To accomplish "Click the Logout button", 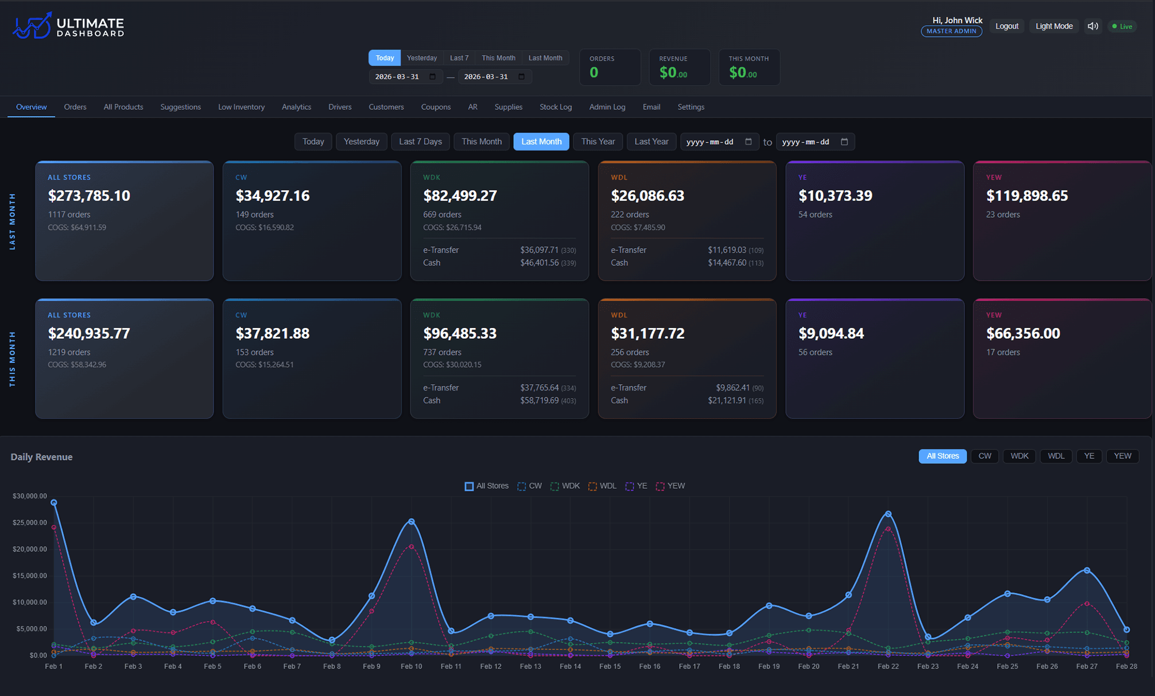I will pos(1006,26).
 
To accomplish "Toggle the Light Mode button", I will pos(1053,26).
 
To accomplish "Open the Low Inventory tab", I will pos(241,107).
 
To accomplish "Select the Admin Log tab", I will pos(607,107).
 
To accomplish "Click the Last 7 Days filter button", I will pos(420,141).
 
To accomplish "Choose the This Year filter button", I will pos(598,141).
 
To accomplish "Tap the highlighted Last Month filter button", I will pos(541,141).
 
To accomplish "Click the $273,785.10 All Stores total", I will pos(89,196).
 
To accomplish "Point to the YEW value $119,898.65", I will pos(1027,196).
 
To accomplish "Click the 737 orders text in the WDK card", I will pos(442,352).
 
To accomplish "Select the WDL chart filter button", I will pos(1056,456).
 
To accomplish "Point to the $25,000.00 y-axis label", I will pos(30,523).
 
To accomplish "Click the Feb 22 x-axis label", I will pos(888,666).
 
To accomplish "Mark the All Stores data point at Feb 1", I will pos(54,502).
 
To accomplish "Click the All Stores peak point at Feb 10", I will pos(412,521).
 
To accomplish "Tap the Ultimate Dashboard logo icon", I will pos(32,26).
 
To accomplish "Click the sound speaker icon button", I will pos(1093,26).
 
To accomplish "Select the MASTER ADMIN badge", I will pos(951,31).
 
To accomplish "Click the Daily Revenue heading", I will pos(41,457).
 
